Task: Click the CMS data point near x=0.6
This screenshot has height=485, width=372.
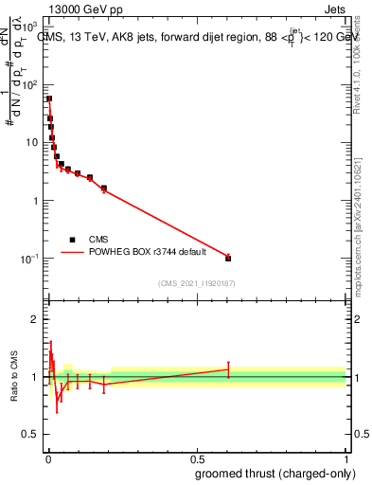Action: [228, 258]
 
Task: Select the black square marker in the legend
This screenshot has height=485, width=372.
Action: [72, 240]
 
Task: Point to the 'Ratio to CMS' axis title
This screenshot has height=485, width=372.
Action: [15, 376]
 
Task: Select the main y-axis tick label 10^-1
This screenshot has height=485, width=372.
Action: [31, 259]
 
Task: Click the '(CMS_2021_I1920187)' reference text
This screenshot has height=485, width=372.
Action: [196, 282]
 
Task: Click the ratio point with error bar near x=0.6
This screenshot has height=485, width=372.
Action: [228, 369]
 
